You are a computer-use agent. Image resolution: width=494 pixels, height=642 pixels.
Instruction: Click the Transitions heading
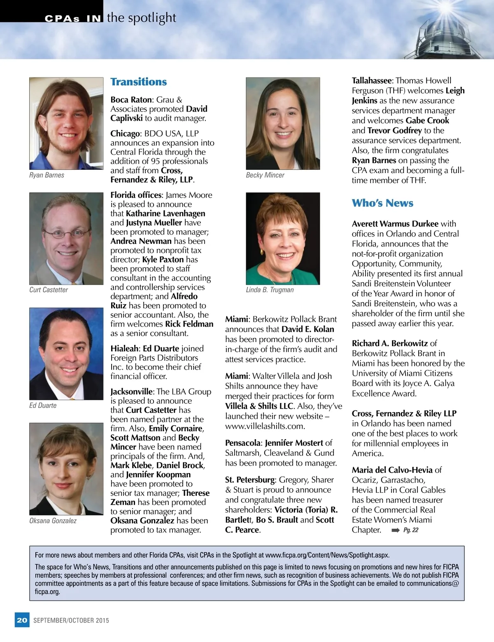pyautogui.click(x=138, y=82)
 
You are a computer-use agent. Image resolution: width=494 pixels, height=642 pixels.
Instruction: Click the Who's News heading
pyautogui.click(x=382, y=203)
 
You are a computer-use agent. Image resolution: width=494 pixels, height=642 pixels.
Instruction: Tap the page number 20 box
pyautogui.click(x=22, y=620)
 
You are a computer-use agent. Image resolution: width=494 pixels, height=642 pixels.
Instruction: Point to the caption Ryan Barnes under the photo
pyautogui.click(x=47, y=175)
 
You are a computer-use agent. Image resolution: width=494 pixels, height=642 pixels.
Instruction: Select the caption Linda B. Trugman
pyautogui.click(x=270, y=290)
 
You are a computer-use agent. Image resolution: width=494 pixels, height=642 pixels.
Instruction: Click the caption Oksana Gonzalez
pyautogui.click(x=53, y=520)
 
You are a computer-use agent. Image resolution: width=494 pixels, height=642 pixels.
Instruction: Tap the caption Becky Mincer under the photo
pyautogui.click(x=265, y=175)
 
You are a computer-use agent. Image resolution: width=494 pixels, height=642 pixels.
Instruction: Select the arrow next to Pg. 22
pyautogui.click(x=395, y=530)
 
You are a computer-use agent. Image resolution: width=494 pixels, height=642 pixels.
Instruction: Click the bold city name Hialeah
pyautogui.click(x=124, y=349)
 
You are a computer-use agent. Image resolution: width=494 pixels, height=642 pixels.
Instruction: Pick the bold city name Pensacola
pyautogui.click(x=242, y=443)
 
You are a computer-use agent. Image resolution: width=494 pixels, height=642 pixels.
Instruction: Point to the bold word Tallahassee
pyautogui.click(x=371, y=81)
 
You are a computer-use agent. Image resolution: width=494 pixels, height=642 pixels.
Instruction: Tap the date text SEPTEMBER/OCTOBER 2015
pyautogui.click(x=71, y=620)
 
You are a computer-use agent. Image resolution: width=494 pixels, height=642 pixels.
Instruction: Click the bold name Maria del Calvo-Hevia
pyautogui.click(x=392, y=470)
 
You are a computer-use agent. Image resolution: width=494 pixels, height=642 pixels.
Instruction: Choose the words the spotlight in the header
pyautogui.click(x=141, y=18)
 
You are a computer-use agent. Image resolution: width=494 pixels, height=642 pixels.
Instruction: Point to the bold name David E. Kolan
pyautogui.click(x=308, y=329)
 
